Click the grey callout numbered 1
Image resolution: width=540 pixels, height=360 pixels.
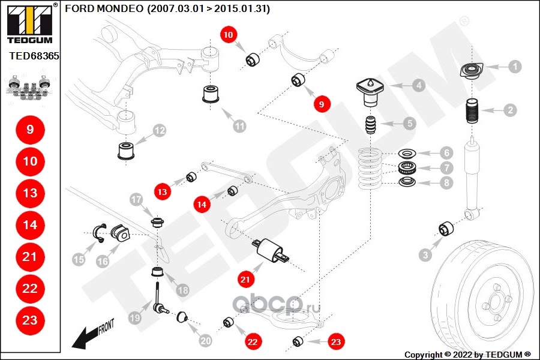pyautogui.click(x=515, y=67)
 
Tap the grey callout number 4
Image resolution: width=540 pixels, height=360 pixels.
pyautogui.click(x=418, y=85)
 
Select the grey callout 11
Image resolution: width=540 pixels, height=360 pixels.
pyautogui.click(x=239, y=126)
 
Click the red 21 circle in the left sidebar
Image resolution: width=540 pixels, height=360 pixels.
pyautogui.click(x=30, y=257)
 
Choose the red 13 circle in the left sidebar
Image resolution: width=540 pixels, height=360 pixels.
pyautogui.click(x=30, y=193)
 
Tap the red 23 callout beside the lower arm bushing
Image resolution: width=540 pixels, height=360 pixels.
pyautogui.click(x=335, y=342)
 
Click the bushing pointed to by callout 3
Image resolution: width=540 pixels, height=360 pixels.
pyautogui.click(x=446, y=229)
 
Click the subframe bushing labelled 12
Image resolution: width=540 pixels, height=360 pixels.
pyautogui.click(x=125, y=150)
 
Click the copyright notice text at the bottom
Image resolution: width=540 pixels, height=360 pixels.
pyautogui.click(x=467, y=355)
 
